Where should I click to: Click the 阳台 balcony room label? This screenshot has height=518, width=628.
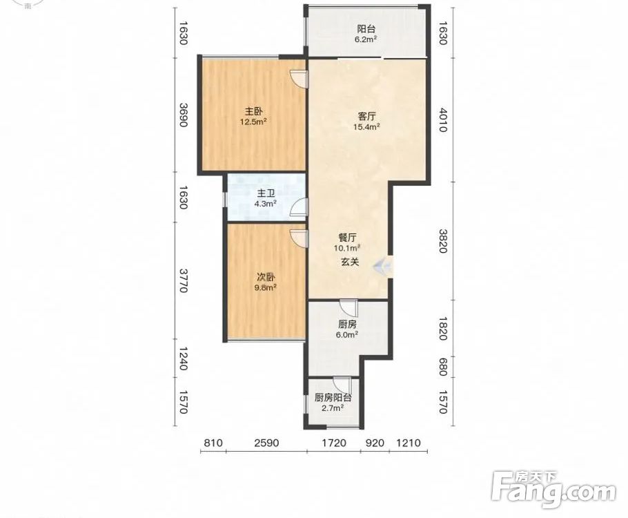[x=366, y=29]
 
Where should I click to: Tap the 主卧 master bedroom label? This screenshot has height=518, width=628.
[x=253, y=111]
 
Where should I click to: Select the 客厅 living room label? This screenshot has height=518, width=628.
[x=366, y=117]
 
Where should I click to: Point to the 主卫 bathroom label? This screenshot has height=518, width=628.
[x=266, y=193]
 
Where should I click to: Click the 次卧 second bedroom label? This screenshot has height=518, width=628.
[x=266, y=278]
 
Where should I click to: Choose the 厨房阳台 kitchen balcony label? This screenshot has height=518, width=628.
[x=333, y=398]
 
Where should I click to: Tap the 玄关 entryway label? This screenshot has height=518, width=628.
[x=350, y=262]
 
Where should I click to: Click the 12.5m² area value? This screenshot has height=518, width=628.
[x=253, y=122]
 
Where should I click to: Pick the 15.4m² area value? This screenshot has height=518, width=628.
[x=366, y=126]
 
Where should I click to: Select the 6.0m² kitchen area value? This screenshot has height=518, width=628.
[x=347, y=334]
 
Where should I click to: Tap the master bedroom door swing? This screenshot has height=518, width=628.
[x=299, y=79]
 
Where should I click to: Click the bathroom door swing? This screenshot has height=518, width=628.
[x=300, y=207]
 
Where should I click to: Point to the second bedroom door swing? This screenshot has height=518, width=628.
[x=300, y=238]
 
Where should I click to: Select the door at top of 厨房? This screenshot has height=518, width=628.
[x=348, y=308]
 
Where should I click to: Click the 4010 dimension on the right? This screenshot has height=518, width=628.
[x=442, y=119]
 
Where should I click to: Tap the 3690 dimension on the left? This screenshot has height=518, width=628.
[x=183, y=115]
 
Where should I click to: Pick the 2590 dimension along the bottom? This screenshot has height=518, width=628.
[x=266, y=443]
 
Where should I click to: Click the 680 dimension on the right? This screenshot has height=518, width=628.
[x=442, y=367]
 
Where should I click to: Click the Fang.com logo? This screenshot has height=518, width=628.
[x=553, y=489]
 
